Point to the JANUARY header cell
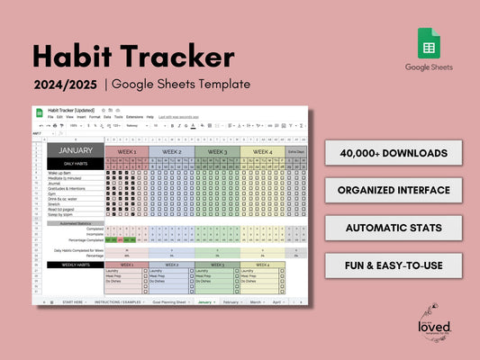76,151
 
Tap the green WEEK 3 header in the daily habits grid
216,151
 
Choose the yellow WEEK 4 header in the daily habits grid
261,151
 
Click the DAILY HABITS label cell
76,161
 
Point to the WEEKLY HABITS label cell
76,265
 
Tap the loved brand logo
434,325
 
